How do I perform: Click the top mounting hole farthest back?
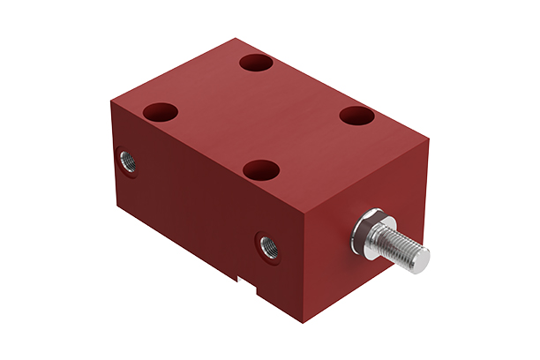pos(257,64)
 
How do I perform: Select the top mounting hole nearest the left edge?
pos(161,112)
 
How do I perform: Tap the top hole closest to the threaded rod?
pos(359,115)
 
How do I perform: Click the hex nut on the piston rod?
pos(366,228)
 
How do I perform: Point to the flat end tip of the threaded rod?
pos(421,258)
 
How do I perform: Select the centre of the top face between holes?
pos(265,115)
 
